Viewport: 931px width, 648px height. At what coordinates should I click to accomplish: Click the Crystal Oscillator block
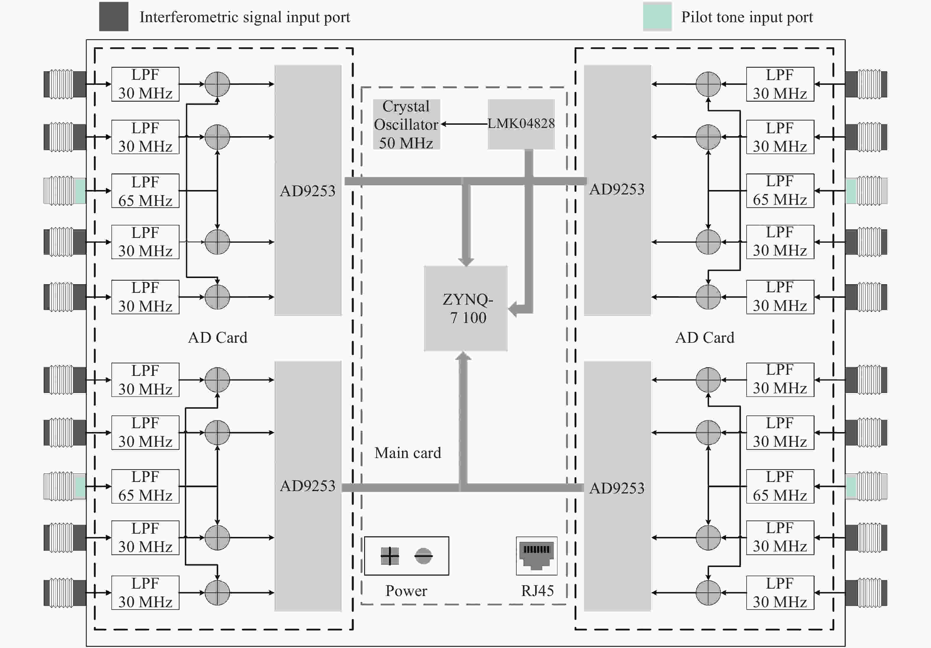pyautogui.click(x=406, y=124)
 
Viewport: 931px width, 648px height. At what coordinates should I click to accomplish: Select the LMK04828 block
pyautogui.click(x=521, y=124)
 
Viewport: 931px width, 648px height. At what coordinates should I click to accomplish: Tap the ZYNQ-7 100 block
pyautogui.click(x=465, y=308)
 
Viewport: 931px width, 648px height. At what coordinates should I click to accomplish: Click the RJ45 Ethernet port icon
pyautogui.click(x=536, y=556)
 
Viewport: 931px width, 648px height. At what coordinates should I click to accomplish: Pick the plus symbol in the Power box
pyautogui.click(x=390, y=556)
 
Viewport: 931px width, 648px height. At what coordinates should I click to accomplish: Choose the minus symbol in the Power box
pyautogui.click(x=423, y=556)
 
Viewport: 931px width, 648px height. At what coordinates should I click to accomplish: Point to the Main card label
pyautogui.click(x=408, y=453)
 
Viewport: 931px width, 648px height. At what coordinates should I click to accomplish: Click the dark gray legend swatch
pyautogui.click(x=114, y=17)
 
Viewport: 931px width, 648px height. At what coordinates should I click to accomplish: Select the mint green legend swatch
pyautogui.click(x=657, y=17)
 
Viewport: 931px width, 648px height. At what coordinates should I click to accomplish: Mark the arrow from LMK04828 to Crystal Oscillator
pyautogui.click(x=464, y=124)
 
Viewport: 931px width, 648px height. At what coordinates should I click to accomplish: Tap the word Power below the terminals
pyautogui.click(x=406, y=591)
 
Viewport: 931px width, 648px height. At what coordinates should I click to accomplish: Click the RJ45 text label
pyautogui.click(x=537, y=591)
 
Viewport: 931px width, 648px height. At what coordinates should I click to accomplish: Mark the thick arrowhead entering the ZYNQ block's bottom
pyautogui.click(x=463, y=356)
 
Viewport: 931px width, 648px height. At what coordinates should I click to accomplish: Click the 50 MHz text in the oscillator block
pyautogui.click(x=406, y=143)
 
